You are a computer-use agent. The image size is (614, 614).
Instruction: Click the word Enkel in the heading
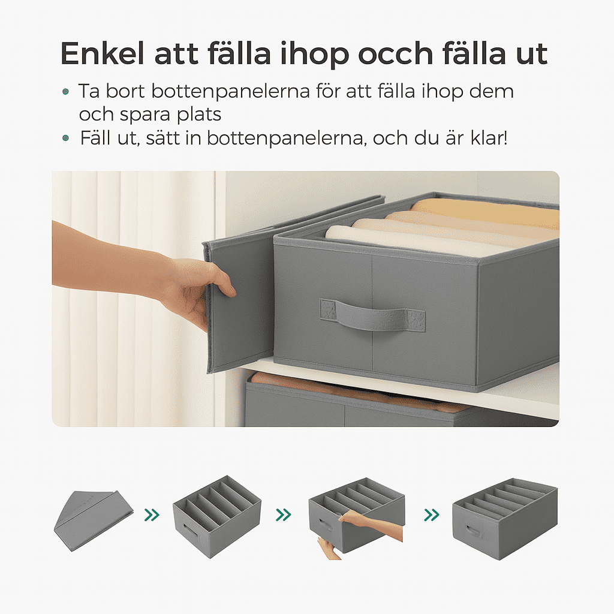click(x=103, y=53)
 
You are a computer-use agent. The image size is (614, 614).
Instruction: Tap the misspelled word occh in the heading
click(x=396, y=54)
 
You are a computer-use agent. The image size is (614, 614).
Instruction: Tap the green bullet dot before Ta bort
click(x=65, y=92)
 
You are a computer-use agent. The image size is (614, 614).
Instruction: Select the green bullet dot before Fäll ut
click(x=65, y=138)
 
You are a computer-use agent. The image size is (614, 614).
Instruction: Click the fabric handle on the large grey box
click(x=372, y=314)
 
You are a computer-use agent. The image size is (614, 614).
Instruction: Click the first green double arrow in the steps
click(x=152, y=514)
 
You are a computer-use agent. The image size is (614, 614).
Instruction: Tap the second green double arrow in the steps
click(x=284, y=514)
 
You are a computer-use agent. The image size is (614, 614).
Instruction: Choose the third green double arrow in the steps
click(x=432, y=514)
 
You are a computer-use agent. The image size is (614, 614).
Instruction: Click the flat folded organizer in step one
click(x=93, y=520)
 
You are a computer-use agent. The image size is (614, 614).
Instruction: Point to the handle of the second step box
click(x=190, y=531)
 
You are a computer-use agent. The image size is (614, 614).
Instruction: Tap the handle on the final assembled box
click(x=472, y=531)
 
